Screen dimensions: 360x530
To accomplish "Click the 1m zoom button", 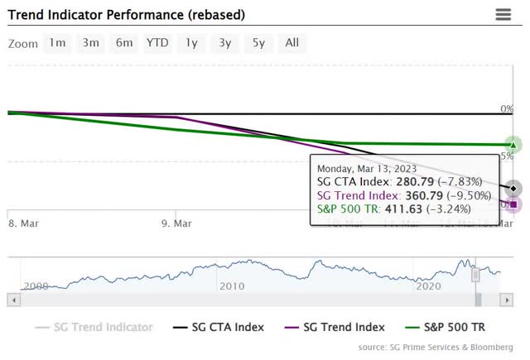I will pos(57,43).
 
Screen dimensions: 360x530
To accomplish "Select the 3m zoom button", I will pos(90,43).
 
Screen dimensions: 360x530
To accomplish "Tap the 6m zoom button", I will pos(123,43).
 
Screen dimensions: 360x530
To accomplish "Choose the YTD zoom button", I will pos(157,43).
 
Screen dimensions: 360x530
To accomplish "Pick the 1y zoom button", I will pos(191,43).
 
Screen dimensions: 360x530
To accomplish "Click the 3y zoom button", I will pos(224,43).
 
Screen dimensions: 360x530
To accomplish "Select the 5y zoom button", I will pos(258,43).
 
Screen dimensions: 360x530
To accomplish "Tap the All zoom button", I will pos(292,43).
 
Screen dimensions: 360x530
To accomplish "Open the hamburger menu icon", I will pos(503,14).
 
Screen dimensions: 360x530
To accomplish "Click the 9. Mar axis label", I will pos(176,223).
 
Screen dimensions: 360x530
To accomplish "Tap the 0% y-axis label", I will pos(507,108).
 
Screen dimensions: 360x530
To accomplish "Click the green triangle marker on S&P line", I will pos(513,145).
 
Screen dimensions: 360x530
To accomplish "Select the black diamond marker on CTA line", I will pos(513,188).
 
